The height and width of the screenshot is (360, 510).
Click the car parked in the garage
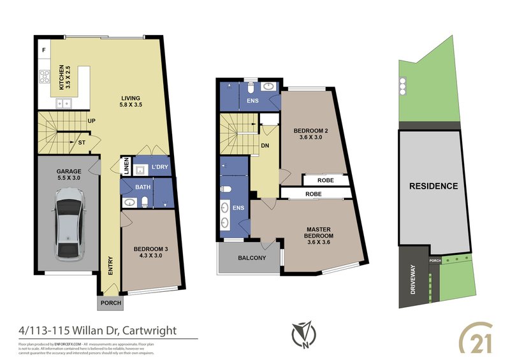69,227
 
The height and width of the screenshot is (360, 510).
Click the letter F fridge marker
44,49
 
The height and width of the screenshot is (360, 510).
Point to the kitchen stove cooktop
45,78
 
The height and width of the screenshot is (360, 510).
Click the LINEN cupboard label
126,167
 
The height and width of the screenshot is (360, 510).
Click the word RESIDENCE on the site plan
433,186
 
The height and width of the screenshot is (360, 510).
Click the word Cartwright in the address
147,330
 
